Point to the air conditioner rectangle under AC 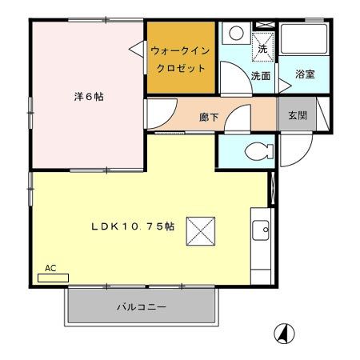coord(53,278)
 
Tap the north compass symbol coord(283,332)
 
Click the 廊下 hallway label coord(209,117)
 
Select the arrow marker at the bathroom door coord(282,82)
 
